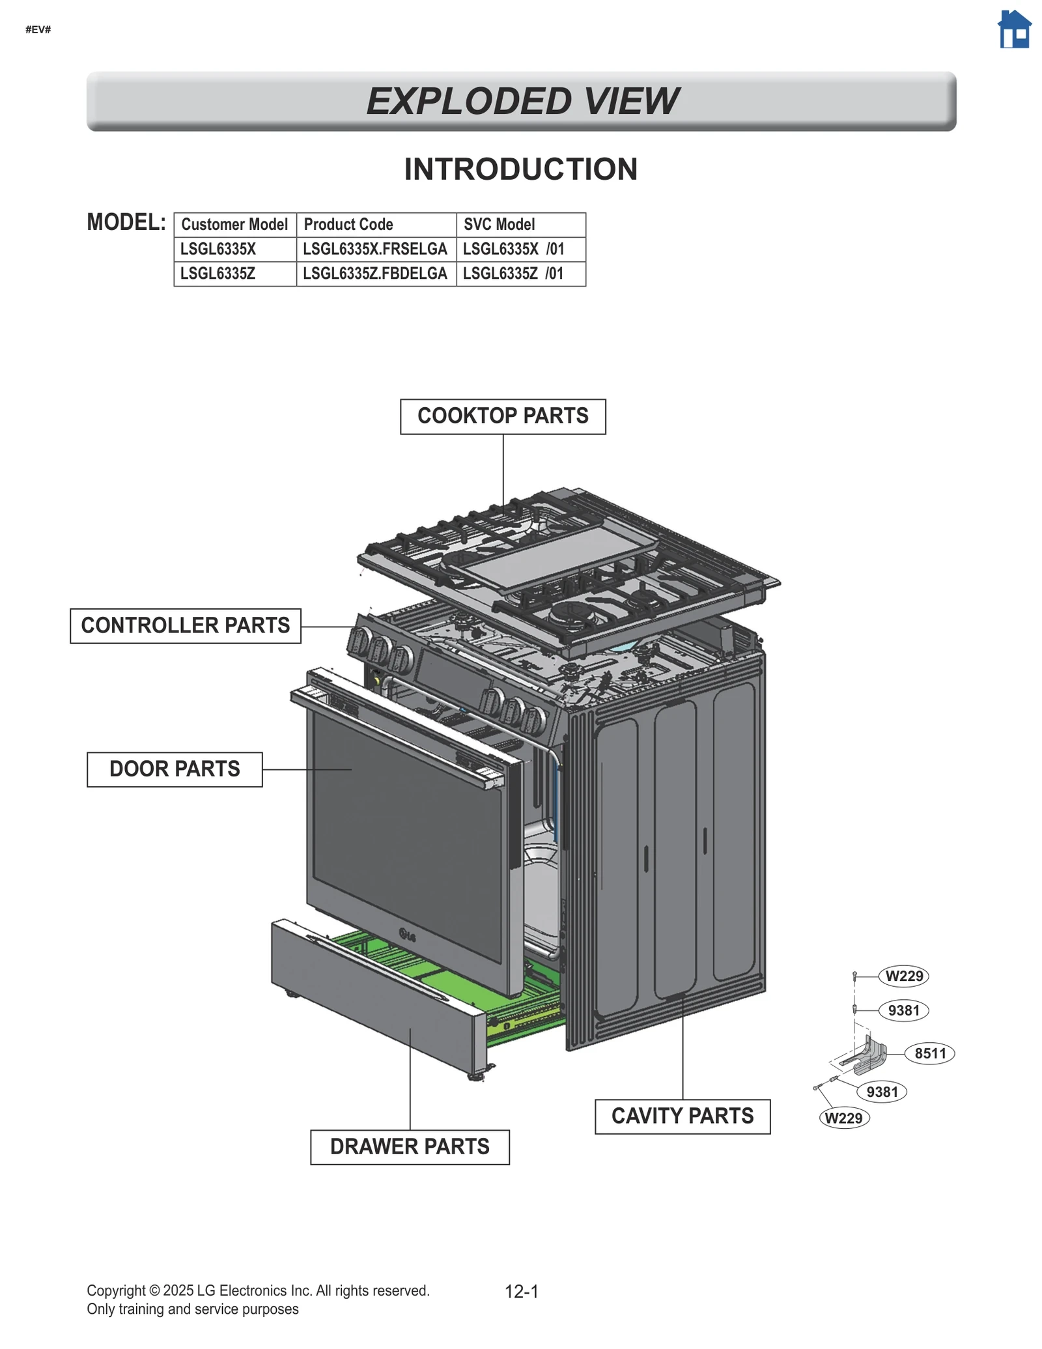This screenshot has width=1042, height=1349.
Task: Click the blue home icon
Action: pos(1014,30)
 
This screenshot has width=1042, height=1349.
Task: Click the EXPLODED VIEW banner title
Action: pos(521,102)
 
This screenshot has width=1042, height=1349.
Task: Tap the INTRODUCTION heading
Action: pos(520,169)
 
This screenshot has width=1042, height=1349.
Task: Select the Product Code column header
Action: pos(376,225)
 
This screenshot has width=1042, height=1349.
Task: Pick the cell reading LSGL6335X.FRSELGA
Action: pos(376,249)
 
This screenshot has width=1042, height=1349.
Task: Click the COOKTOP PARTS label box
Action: pos(502,416)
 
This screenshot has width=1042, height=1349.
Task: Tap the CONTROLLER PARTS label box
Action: pos(185,625)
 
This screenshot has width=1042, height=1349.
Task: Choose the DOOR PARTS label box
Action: pos(175,769)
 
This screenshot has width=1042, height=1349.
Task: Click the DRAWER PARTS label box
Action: pos(409,1146)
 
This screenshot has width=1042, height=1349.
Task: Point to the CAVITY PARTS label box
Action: pos(682,1116)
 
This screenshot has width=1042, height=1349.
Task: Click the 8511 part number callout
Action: pos(929,1053)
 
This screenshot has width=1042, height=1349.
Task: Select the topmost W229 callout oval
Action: pos(903,976)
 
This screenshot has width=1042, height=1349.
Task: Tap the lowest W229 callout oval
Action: pos(843,1118)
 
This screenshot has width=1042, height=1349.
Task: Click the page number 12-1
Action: pos(521,1292)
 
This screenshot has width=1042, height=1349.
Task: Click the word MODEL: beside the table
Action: pos(126,223)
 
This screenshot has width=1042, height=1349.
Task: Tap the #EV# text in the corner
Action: pos(38,30)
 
